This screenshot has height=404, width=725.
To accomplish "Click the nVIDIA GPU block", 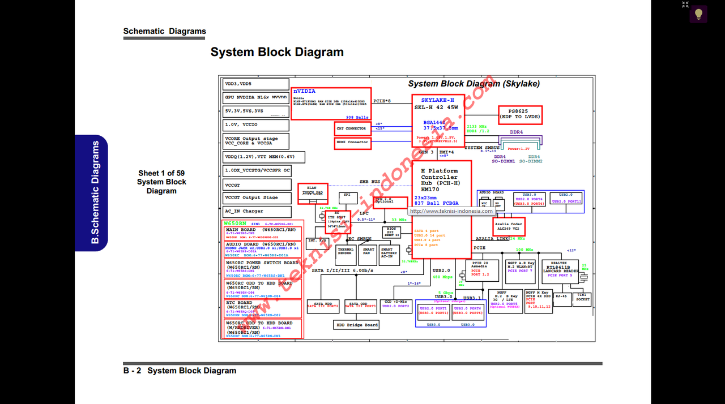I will pyautogui.click(x=331, y=104).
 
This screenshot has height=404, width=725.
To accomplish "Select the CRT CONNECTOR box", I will pyautogui.click(x=352, y=129).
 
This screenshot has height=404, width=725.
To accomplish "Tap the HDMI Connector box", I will pyautogui.click(x=352, y=142).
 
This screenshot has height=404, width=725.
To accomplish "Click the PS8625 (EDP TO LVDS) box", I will pyautogui.click(x=520, y=115).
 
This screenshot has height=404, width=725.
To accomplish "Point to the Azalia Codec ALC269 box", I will pyautogui.click(x=509, y=226).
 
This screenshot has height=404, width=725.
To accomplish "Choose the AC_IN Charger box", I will pyautogui.click(x=257, y=212).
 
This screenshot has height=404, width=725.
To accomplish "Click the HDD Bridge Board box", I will pyautogui.click(x=356, y=325).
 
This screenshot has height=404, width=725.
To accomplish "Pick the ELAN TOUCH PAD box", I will pyautogui.click(x=311, y=193).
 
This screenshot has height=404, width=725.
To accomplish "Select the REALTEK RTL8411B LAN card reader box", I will pyautogui.click(x=560, y=268).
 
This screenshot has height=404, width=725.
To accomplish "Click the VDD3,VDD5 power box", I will pyautogui.click(x=257, y=84).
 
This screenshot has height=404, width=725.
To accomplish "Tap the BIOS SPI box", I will pyautogui.click(x=390, y=232).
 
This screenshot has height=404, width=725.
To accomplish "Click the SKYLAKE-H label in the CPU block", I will pyautogui.click(x=437, y=100).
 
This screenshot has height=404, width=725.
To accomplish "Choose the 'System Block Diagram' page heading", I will pyautogui.click(x=277, y=52).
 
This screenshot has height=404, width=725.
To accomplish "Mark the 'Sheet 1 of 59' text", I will pyautogui.click(x=161, y=173).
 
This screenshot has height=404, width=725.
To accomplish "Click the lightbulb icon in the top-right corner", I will pyautogui.click(x=698, y=14).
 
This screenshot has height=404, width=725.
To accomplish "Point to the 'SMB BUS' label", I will pyautogui.click(x=370, y=182).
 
